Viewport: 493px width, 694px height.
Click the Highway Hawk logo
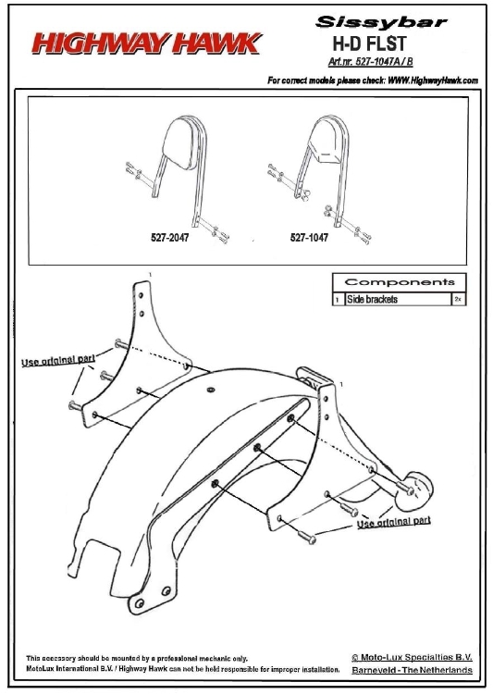pos(147,43)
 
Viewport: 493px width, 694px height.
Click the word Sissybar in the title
pos(381,21)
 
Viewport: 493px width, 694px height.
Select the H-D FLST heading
pos(369,43)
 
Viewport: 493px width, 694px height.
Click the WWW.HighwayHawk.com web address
pos(433,81)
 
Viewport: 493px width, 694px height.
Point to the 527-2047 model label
pos(169,238)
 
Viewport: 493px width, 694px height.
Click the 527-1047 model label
pos(309,238)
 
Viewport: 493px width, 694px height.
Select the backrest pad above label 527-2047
pos(180,143)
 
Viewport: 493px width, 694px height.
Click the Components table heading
pos(400,282)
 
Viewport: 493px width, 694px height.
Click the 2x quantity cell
pos(458,299)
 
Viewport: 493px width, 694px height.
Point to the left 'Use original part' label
pos(58,360)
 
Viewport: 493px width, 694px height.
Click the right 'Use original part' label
pos(394,522)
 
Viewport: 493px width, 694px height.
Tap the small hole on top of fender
pos(211,390)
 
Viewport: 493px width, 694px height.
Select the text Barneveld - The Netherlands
pos(412,670)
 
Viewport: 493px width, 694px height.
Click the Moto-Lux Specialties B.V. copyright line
pos(412,657)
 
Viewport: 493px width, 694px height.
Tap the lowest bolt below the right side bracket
pos(306,537)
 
